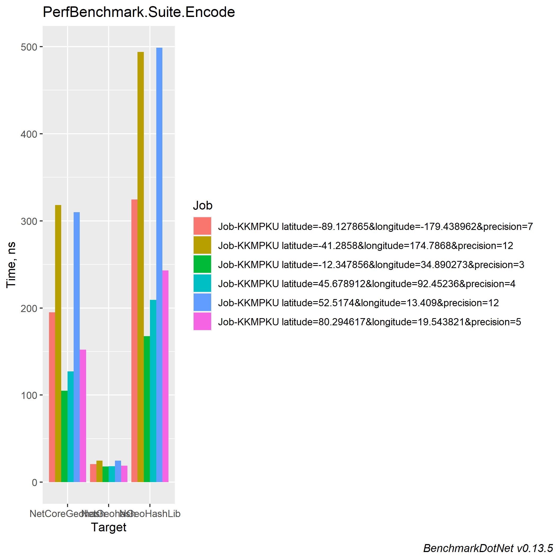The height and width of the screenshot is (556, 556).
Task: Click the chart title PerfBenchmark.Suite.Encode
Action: pos(139,12)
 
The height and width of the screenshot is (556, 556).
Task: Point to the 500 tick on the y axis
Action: pos(29,47)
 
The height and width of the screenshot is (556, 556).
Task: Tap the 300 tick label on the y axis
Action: pos(29,221)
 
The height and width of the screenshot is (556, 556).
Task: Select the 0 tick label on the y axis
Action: pos(34,482)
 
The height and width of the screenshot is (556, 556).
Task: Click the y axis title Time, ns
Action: pos(11,265)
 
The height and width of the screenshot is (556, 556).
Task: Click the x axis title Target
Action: pos(109,527)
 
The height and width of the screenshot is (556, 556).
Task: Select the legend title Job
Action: pos(203,206)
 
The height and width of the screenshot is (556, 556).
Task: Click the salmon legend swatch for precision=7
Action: pos(202,226)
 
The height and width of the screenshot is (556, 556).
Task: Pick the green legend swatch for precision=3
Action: pos(202,264)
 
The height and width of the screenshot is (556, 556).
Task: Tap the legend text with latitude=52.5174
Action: pos(358,303)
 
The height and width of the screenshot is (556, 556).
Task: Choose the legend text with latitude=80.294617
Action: pos(370,322)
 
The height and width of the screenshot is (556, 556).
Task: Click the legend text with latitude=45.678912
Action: pos(367,284)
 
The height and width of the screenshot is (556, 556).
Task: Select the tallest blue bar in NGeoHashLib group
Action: pos(159,265)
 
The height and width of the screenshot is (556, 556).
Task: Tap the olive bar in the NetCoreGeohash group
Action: pos(58,344)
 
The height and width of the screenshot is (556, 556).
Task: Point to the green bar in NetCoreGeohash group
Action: pos(64,436)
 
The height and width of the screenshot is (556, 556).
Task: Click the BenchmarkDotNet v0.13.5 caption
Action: pos(488,548)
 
